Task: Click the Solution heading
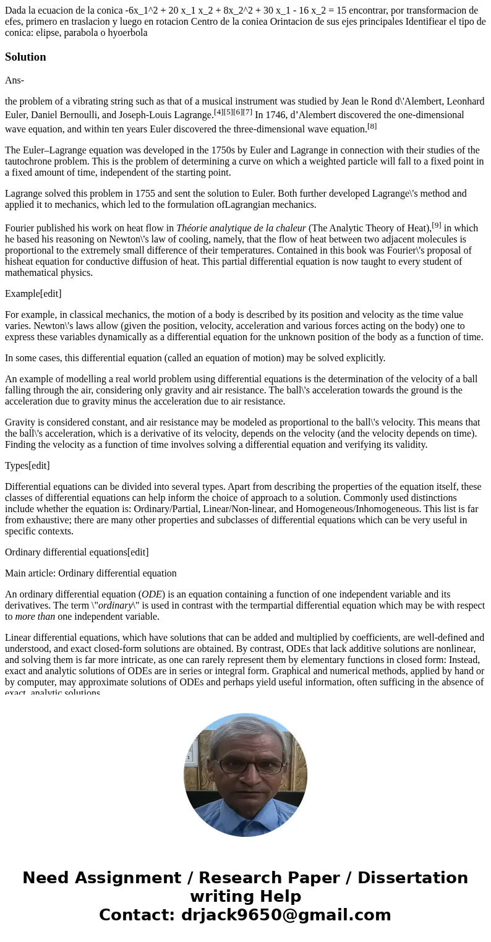tap(25, 57)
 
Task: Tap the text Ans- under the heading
tap(14, 80)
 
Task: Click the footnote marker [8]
tap(372, 126)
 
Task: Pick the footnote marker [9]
tap(437, 225)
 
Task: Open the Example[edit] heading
tap(33, 294)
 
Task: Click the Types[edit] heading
tap(27, 466)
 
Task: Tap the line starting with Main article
tap(91, 573)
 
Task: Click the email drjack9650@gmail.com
tap(286, 915)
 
